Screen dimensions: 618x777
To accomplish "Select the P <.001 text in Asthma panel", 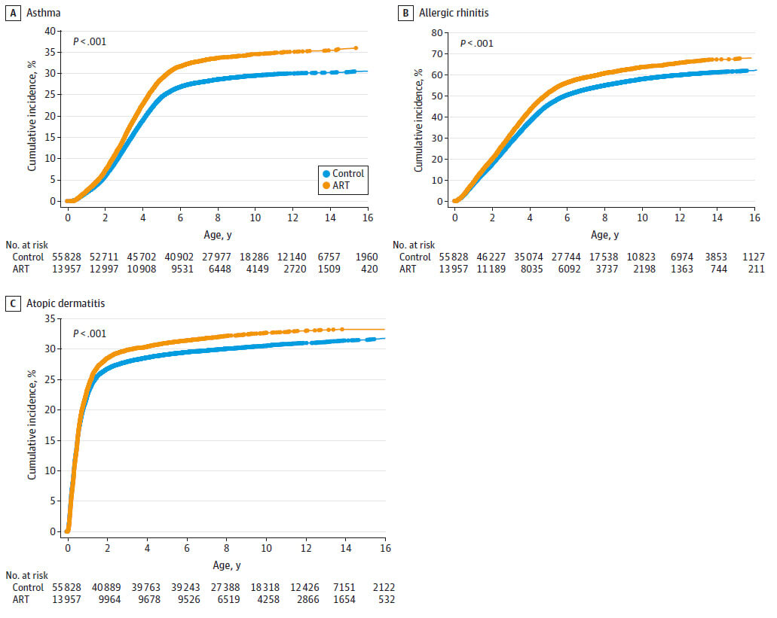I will point(90,42).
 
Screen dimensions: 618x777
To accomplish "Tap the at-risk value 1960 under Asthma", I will point(366,257).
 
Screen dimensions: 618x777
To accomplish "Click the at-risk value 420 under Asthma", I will point(369,269).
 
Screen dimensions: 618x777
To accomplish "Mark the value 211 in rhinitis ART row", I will point(756,269).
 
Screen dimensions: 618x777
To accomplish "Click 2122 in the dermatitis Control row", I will point(383,587).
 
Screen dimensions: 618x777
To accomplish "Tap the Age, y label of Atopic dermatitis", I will point(225,565).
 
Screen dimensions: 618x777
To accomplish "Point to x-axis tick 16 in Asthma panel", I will point(368,218).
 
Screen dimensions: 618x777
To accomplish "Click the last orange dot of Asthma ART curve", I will point(355,48).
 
